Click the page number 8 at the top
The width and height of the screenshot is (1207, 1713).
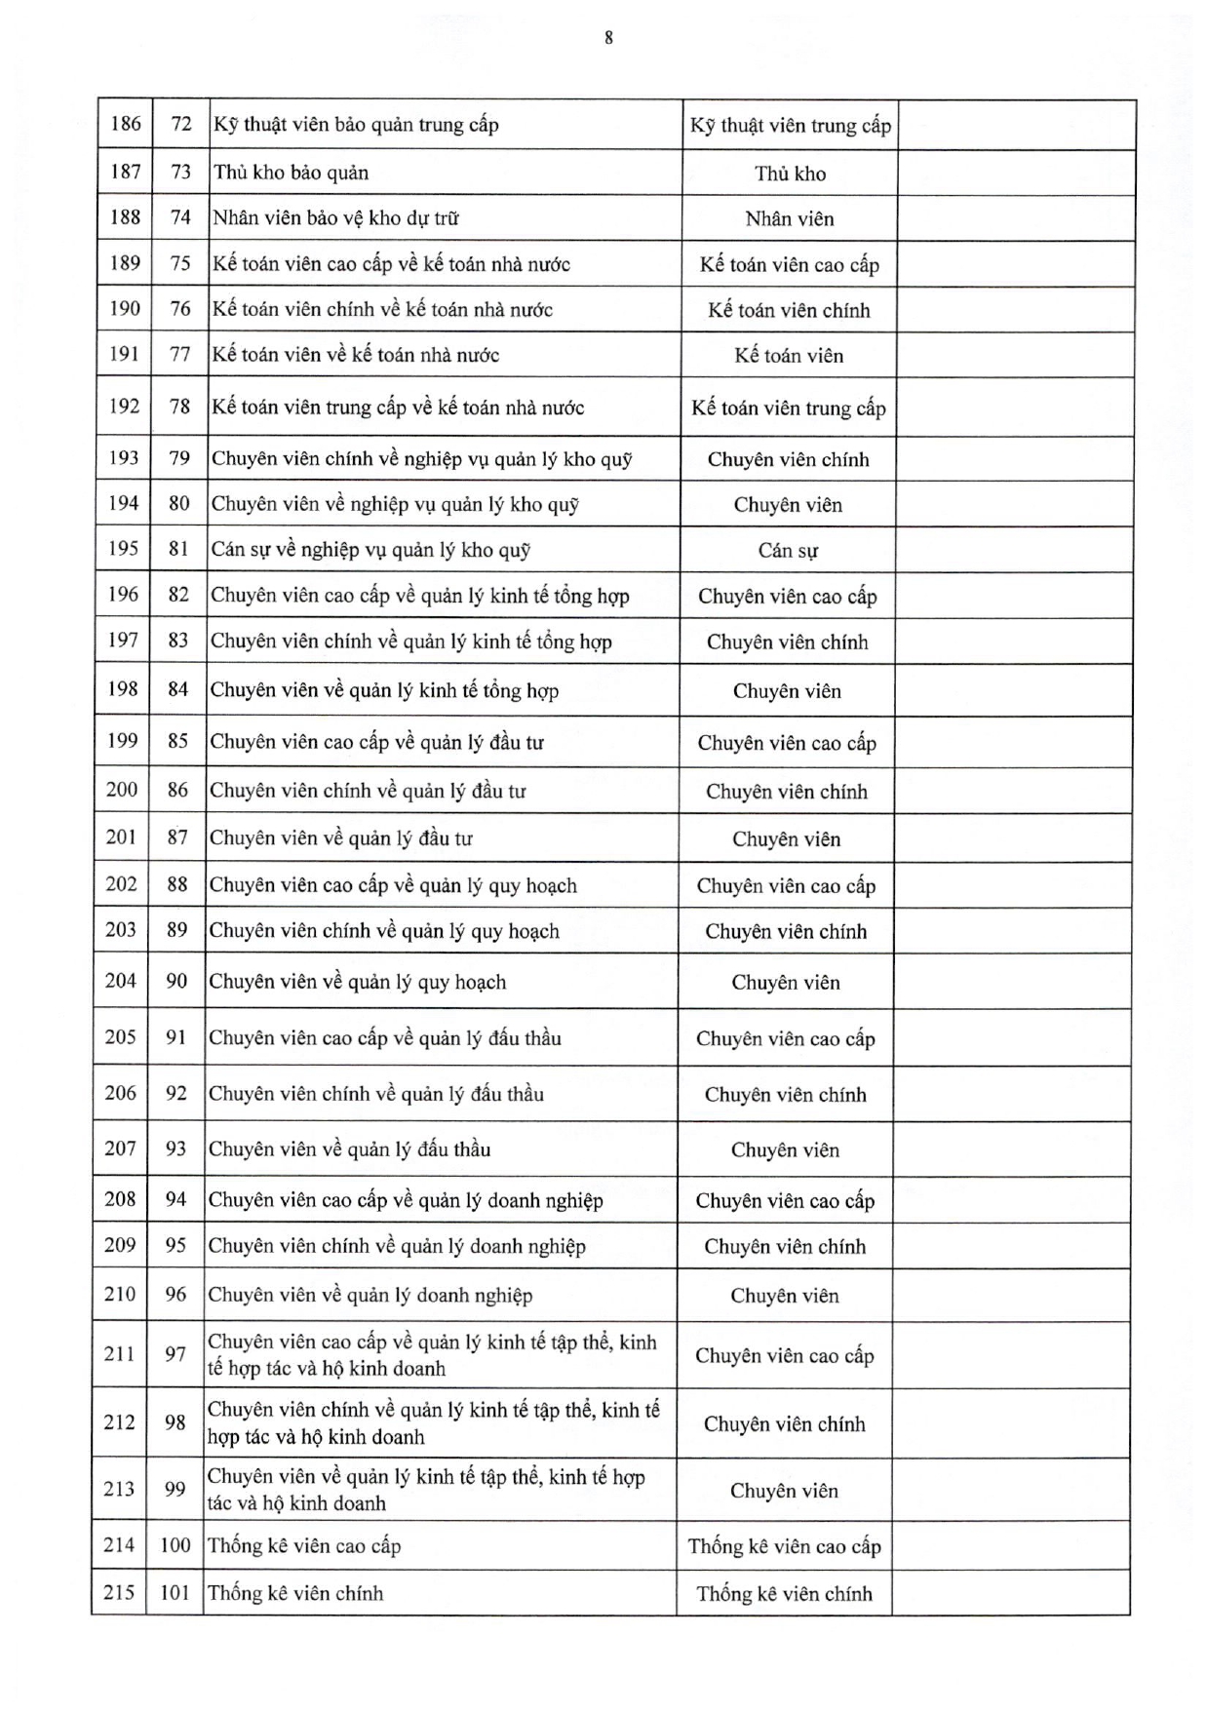pos(608,38)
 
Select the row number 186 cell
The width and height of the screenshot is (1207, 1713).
pos(126,124)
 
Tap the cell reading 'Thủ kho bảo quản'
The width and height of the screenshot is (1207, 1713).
pos(291,173)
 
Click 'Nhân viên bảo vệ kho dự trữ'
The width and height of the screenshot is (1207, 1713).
pos(335,217)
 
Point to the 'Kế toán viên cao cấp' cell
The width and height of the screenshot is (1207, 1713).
pos(789,265)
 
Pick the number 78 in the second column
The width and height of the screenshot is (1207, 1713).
pos(179,407)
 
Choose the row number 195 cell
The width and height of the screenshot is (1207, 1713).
pos(124,549)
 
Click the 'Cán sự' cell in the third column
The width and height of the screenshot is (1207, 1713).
pos(788,551)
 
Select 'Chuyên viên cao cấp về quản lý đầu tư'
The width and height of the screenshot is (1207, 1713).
pos(376,742)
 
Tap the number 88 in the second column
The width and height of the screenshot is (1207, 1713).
pos(177,884)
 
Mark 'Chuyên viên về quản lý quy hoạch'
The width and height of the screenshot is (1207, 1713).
pos(358,982)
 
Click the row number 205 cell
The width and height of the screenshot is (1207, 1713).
pos(121,1036)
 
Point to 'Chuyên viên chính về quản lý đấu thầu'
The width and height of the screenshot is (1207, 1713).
pos(376,1094)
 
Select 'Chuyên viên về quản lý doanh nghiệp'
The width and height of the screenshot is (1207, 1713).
pos(370,1296)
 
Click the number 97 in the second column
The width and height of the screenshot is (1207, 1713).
pos(175,1354)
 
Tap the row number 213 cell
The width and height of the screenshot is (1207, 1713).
pos(119,1489)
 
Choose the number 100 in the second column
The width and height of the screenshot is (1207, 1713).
pos(175,1545)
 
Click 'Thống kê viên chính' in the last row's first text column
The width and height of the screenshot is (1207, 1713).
pos(295,1594)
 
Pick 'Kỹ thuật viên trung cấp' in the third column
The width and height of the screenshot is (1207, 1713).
pos(790,126)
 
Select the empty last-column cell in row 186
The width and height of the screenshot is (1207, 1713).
pos(1016,125)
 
